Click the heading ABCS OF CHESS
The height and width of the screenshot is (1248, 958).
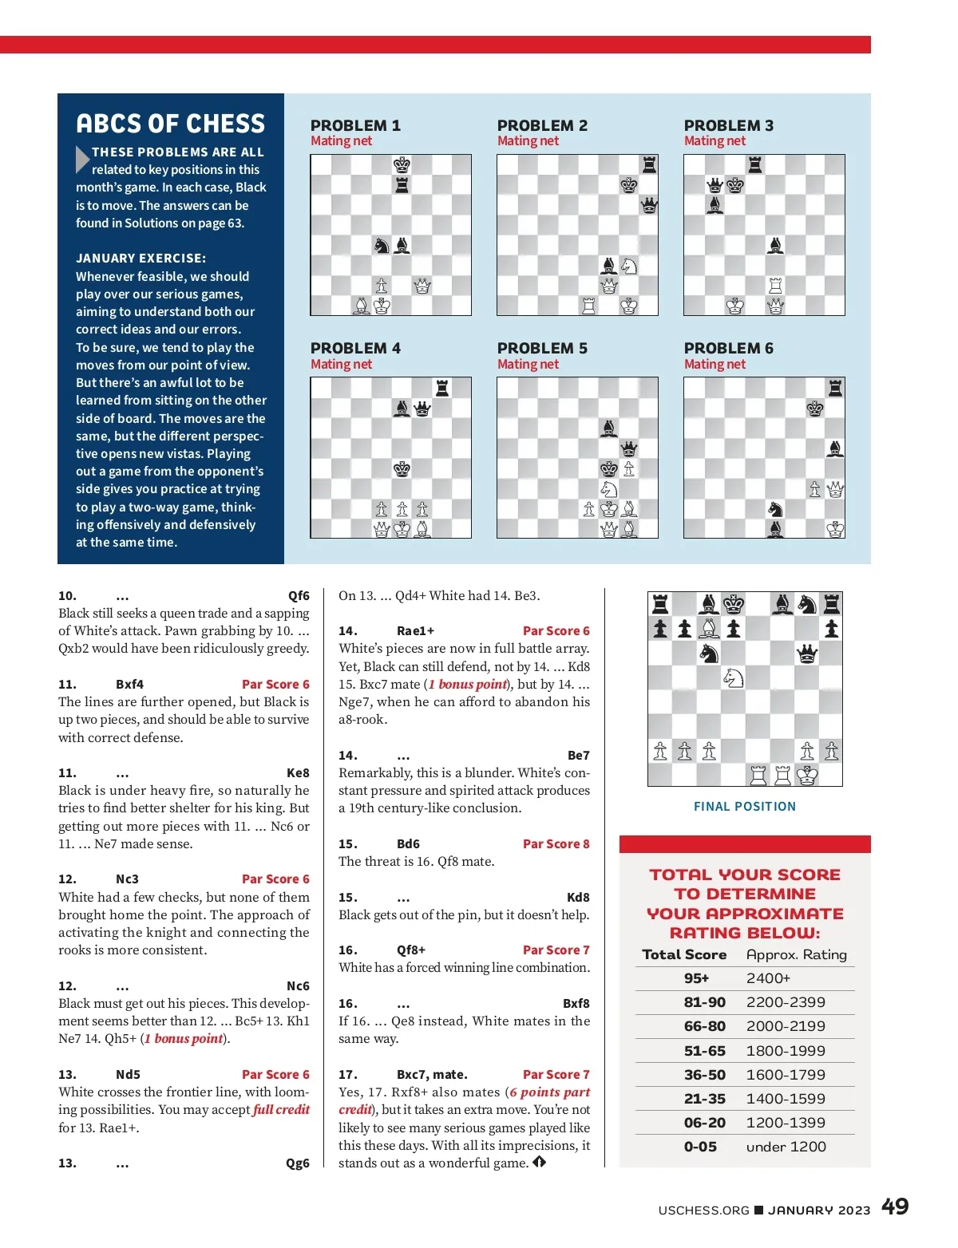(x=170, y=124)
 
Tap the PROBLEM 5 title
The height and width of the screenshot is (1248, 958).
(x=542, y=349)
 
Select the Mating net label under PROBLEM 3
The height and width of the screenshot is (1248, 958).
(x=715, y=141)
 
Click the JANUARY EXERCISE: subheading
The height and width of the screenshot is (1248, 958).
(x=141, y=259)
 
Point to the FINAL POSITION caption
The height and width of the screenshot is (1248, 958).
(x=745, y=807)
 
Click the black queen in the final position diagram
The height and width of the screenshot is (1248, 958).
(x=807, y=654)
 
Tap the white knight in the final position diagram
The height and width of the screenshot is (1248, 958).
(x=733, y=678)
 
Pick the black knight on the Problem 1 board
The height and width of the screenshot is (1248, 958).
(x=382, y=246)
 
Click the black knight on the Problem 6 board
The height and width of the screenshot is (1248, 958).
(x=774, y=509)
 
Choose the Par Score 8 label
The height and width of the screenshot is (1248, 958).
(x=556, y=844)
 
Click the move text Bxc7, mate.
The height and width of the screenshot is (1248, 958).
(x=432, y=1075)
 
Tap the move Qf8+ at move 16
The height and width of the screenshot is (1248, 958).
(x=411, y=950)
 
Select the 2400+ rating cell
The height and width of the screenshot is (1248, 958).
(x=768, y=979)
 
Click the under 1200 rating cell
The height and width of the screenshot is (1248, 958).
(x=786, y=1147)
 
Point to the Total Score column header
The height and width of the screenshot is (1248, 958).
(x=684, y=955)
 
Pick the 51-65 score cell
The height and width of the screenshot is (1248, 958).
(x=705, y=1051)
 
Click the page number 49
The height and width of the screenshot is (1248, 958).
(x=894, y=1207)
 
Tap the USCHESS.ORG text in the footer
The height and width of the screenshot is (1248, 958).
(x=703, y=1210)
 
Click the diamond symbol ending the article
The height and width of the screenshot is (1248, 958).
(x=540, y=1162)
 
